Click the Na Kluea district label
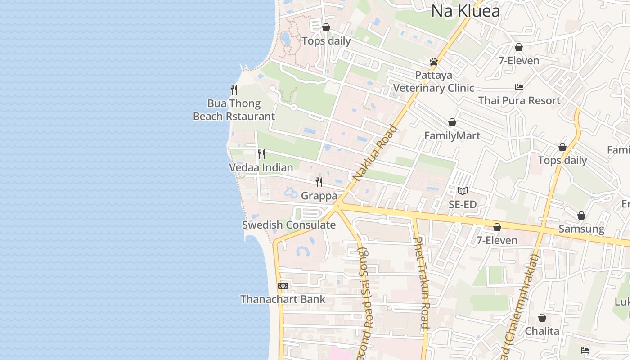[x=465, y=11]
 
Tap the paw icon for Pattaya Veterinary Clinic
[x=434, y=62]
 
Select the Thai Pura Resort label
[x=519, y=100]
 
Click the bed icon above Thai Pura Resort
[x=519, y=87]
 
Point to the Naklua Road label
[x=375, y=153]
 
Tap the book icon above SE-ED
[x=463, y=191]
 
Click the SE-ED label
[x=463, y=204]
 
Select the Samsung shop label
[x=581, y=229]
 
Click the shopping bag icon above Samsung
[x=581, y=216]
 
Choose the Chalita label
[x=542, y=331]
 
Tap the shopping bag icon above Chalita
[x=542, y=318]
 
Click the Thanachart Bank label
[x=283, y=299]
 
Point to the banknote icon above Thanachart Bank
[x=283, y=286]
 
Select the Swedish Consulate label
[x=289, y=225]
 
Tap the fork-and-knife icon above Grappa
[x=319, y=182]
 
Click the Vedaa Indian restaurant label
[x=261, y=168]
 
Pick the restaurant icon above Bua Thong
[x=234, y=90]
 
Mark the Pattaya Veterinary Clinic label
[x=434, y=81]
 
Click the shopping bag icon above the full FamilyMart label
[x=452, y=122]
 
